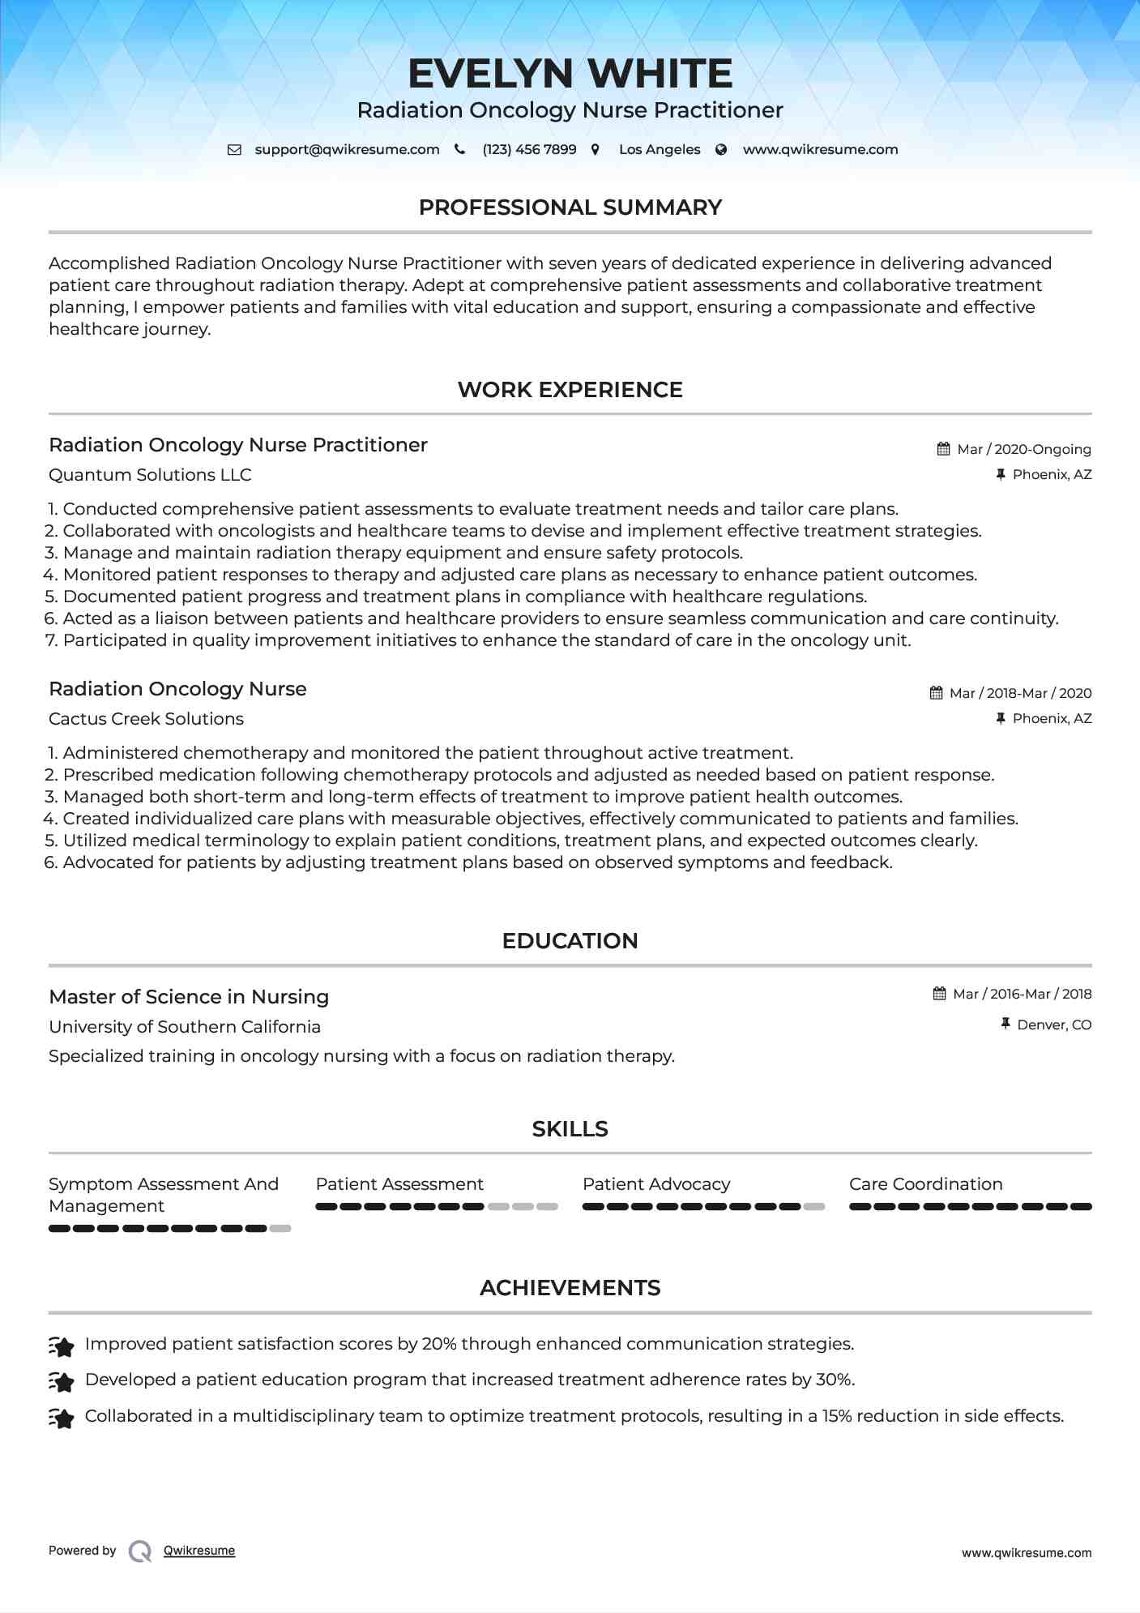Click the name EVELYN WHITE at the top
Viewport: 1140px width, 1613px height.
tap(570, 74)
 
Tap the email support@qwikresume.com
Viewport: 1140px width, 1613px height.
tap(347, 149)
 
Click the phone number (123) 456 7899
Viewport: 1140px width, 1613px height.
tap(529, 149)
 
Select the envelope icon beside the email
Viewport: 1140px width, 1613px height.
tap(234, 149)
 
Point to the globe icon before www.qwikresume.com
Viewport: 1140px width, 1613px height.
tap(721, 149)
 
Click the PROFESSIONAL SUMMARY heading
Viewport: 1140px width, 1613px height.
tap(570, 208)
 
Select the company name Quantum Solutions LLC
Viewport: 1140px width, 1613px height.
tap(150, 475)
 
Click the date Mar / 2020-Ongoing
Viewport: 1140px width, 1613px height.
tap(1024, 449)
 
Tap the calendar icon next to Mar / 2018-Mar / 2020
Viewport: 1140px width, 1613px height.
tap(936, 693)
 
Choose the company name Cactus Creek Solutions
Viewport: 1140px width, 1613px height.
tap(146, 719)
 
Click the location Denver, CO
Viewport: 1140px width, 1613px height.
tap(1054, 1025)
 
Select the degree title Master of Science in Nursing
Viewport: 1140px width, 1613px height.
tap(189, 997)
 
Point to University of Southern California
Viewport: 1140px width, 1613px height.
tap(185, 1027)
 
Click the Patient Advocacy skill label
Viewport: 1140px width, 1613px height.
tap(656, 1184)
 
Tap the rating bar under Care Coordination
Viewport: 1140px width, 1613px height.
tap(970, 1207)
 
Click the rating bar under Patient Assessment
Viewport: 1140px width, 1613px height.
tap(437, 1207)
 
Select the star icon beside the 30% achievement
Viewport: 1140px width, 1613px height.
tap(62, 1380)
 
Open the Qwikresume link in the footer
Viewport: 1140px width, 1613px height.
tap(199, 1551)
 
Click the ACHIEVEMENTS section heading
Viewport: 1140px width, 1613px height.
tap(570, 1288)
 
